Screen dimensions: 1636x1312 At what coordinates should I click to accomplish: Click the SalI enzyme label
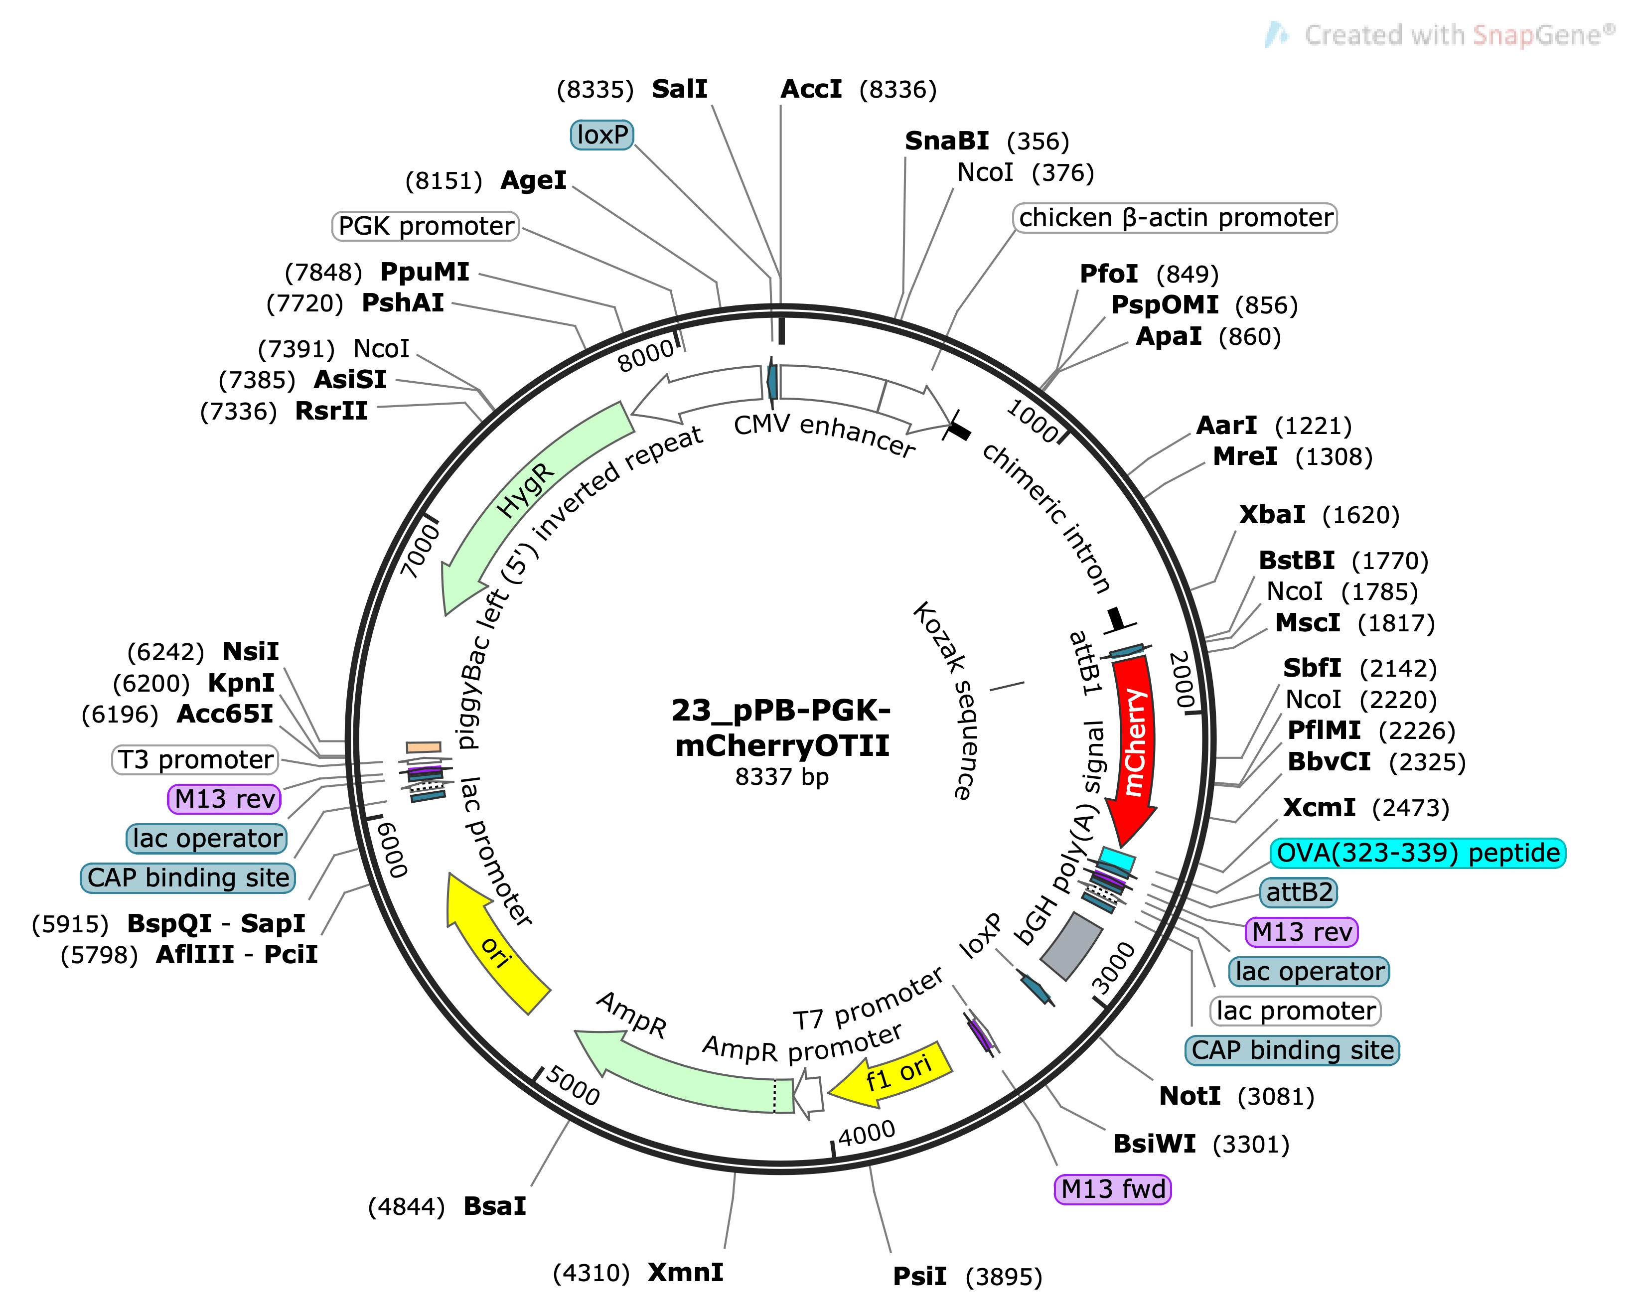(x=680, y=90)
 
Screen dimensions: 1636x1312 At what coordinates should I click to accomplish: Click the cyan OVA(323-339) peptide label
(x=1417, y=853)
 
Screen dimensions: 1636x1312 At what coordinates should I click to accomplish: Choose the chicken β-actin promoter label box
(x=1175, y=218)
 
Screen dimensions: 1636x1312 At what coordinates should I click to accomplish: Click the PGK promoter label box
(x=426, y=226)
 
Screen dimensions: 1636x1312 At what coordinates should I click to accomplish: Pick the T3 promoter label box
(x=195, y=759)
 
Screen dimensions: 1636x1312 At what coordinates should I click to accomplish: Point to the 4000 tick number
(x=867, y=1134)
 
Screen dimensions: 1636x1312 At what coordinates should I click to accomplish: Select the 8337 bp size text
(x=781, y=777)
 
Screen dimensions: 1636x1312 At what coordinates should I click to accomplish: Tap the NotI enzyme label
(x=1190, y=1097)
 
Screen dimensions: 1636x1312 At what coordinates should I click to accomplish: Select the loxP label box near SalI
(x=602, y=135)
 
